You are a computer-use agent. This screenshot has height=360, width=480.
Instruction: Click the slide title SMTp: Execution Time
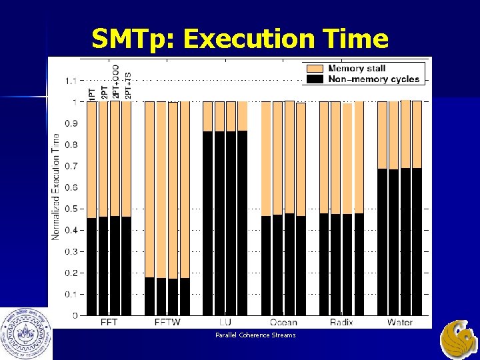point(240,39)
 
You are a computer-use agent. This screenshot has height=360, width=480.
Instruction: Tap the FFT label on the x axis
point(110,322)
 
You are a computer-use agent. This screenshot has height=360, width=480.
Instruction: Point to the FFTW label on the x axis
point(167,322)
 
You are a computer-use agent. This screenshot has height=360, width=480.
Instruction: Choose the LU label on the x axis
point(225,322)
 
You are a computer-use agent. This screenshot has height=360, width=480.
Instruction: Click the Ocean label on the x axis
point(283,322)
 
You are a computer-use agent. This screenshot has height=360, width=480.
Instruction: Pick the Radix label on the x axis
point(341,322)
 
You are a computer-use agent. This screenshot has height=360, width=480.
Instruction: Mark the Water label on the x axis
point(399,322)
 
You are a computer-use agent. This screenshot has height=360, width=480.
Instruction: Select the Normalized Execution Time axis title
point(56,187)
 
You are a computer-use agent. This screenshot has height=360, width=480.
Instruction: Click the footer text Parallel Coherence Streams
point(255,335)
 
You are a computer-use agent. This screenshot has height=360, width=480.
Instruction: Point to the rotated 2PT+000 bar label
point(115,83)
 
